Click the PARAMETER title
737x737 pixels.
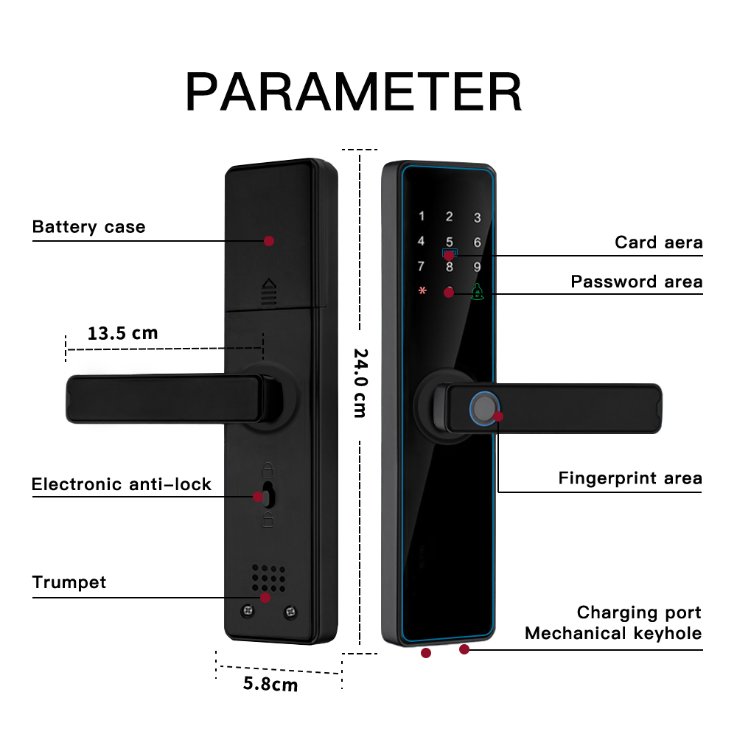click(x=354, y=93)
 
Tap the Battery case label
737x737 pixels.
click(x=88, y=227)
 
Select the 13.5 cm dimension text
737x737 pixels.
click(x=122, y=333)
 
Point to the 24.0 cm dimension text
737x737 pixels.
click(x=359, y=383)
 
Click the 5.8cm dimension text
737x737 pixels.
click(x=270, y=685)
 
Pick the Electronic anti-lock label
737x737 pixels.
click(x=122, y=485)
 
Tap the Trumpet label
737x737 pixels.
click(x=69, y=583)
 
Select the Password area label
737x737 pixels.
click(x=637, y=282)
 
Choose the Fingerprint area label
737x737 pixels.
click(x=630, y=479)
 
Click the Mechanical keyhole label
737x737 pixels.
click(x=613, y=634)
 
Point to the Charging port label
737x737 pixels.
click(x=639, y=613)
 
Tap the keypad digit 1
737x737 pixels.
click(x=422, y=217)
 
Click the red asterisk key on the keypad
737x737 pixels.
click(x=422, y=290)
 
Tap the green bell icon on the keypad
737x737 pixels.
click(x=478, y=291)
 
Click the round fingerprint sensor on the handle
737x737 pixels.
click(x=483, y=408)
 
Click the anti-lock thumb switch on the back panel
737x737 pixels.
click(x=269, y=495)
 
